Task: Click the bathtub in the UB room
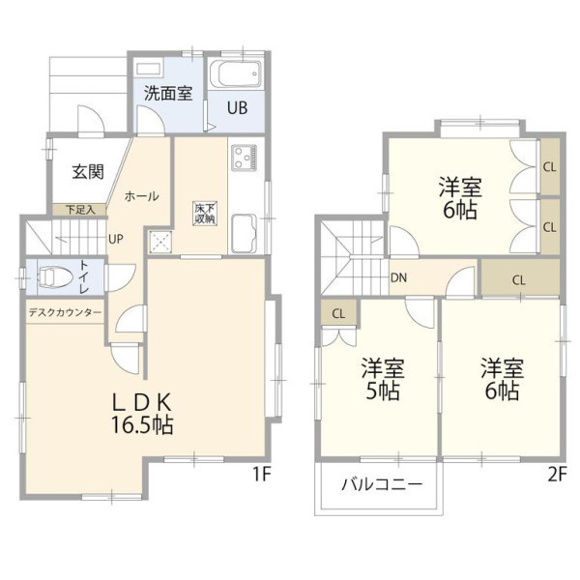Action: click(x=236, y=73)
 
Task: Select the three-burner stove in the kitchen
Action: click(x=244, y=158)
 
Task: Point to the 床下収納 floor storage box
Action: click(x=205, y=213)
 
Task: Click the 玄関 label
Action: click(x=88, y=172)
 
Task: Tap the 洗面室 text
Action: click(x=168, y=93)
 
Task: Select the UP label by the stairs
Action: click(x=116, y=240)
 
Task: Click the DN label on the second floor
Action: click(x=398, y=277)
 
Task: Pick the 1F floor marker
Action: click(x=262, y=475)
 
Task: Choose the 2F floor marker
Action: click(x=557, y=475)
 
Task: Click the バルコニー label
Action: click(x=382, y=484)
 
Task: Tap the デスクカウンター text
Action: click(x=65, y=313)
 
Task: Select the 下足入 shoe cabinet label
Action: click(x=80, y=210)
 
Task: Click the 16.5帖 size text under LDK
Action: click(x=142, y=425)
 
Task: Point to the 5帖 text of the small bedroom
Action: click(x=383, y=391)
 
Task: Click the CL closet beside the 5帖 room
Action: click(x=338, y=313)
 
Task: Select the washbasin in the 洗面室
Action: click(x=148, y=70)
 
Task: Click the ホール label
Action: click(x=142, y=196)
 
